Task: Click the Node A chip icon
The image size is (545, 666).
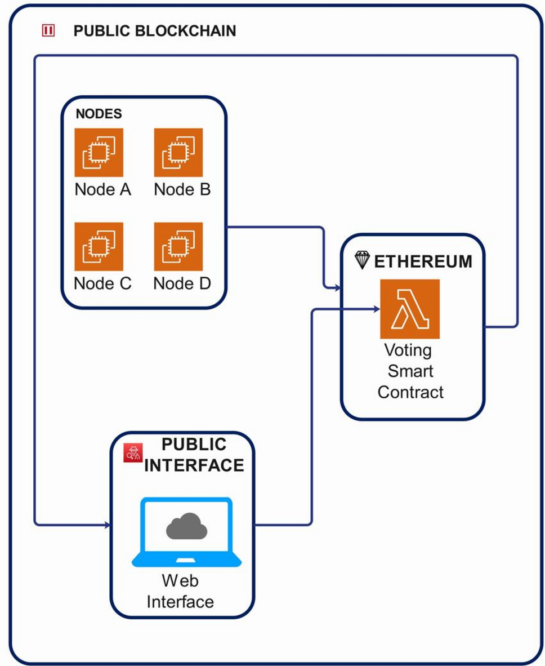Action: tap(99, 152)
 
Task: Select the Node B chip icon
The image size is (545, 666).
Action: tap(178, 152)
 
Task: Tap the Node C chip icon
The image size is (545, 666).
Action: tap(99, 247)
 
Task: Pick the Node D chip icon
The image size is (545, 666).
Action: tap(178, 247)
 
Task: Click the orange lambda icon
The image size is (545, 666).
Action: tap(409, 309)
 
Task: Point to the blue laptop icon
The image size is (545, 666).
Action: tap(186, 532)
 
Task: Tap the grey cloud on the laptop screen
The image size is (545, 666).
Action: tap(186, 526)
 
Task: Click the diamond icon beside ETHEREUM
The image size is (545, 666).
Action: tap(362, 260)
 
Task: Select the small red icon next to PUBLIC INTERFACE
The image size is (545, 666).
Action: tap(133, 452)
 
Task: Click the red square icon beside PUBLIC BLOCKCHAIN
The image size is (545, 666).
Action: tap(49, 31)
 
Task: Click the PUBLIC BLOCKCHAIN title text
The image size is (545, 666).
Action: tap(154, 31)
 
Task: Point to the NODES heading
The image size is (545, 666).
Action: tap(99, 114)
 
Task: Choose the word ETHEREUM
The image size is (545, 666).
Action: tap(423, 261)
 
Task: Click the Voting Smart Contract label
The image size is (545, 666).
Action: tap(410, 371)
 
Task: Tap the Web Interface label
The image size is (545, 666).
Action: tap(180, 591)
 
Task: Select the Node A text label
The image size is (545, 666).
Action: tap(102, 189)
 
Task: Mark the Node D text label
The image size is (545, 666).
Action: tap(182, 283)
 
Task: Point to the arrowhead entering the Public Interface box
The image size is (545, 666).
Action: tap(106, 525)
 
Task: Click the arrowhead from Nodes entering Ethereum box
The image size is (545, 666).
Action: tap(337, 288)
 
